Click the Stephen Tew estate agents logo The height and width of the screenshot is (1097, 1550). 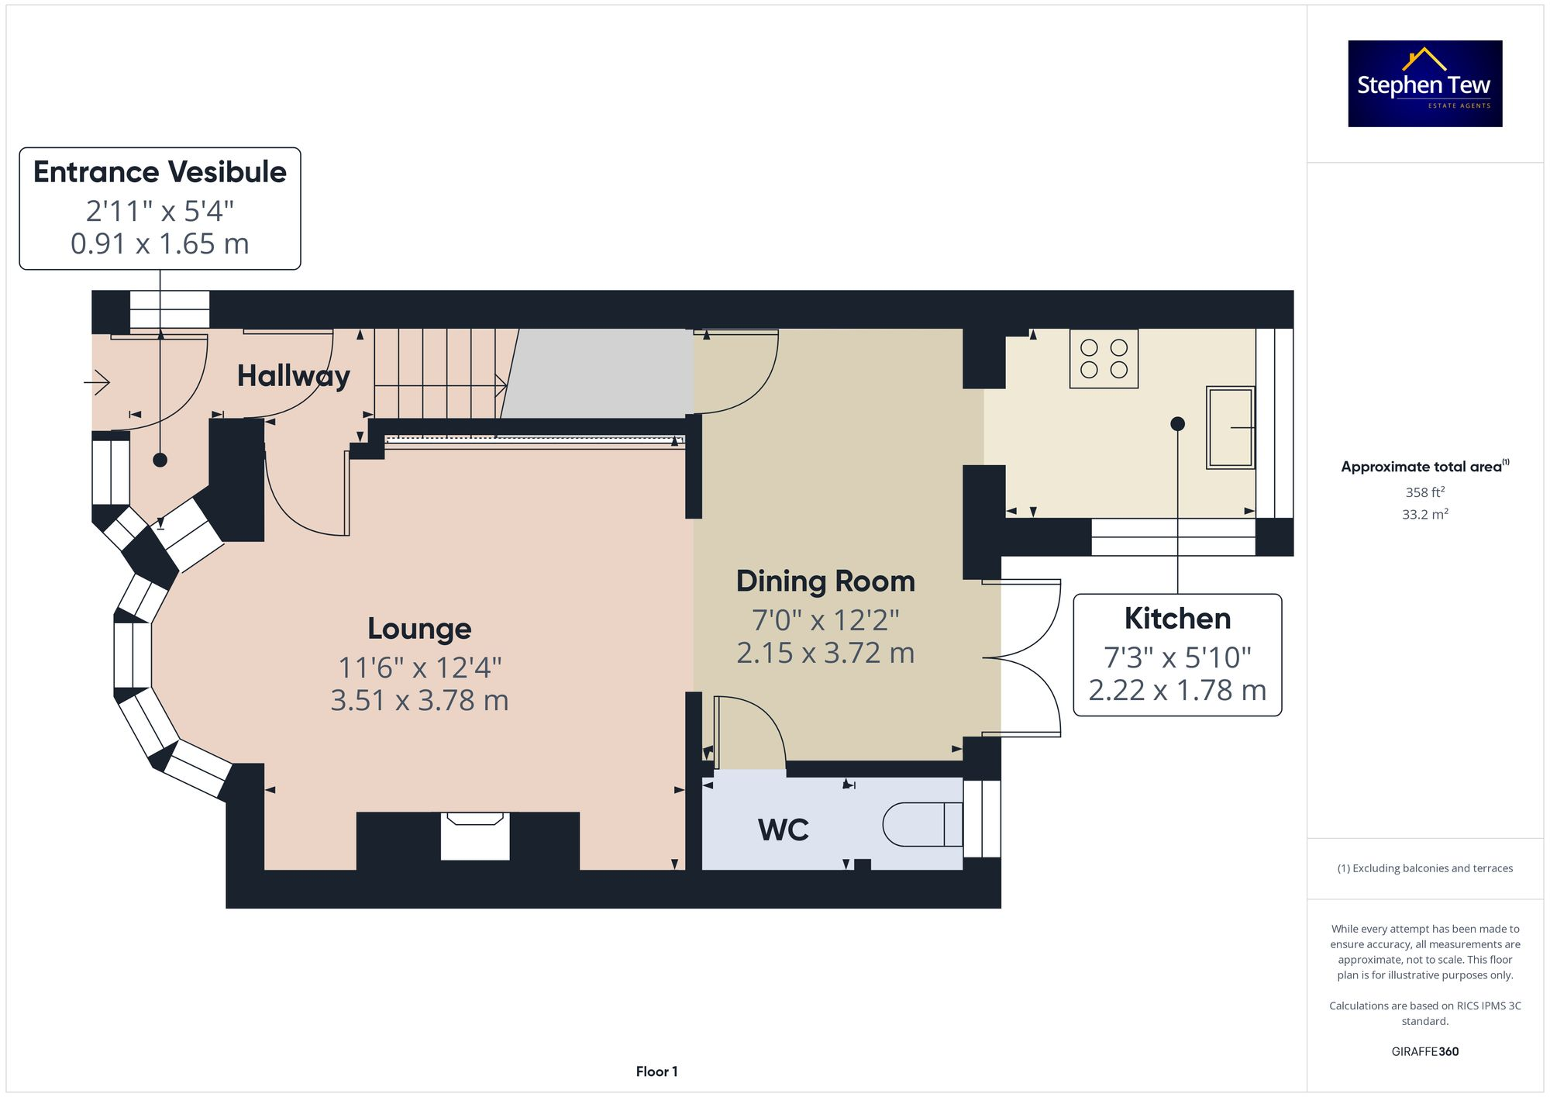point(1424,84)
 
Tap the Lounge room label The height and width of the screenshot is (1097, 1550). point(419,629)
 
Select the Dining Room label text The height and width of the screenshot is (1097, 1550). point(825,581)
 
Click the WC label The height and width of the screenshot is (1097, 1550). point(784,830)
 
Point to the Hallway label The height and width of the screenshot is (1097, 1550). point(293,376)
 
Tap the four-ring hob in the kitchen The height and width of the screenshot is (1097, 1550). point(1104,359)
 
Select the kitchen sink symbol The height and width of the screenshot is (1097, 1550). point(1230,428)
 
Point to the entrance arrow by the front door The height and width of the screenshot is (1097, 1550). point(98,382)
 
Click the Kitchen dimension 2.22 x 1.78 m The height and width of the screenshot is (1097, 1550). point(1177,690)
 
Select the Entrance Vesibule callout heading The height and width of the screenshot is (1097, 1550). point(160,172)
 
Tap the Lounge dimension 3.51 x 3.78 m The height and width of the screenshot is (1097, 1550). point(419,701)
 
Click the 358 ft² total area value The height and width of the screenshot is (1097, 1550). point(1424,492)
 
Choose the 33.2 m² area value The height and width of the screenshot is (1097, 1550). point(1424,514)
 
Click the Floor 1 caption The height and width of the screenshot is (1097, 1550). point(656,1071)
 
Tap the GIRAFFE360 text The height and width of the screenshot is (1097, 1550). point(1424,1051)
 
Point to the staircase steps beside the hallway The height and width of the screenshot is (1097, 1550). point(438,373)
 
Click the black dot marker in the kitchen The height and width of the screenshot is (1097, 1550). point(1177,423)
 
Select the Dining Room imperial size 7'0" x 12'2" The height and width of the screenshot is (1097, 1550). point(825,620)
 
